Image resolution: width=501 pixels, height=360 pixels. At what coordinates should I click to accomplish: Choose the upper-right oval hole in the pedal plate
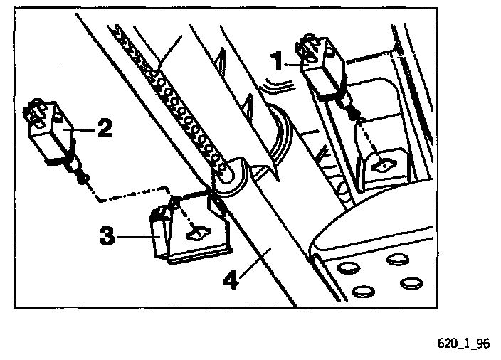[x=396, y=259]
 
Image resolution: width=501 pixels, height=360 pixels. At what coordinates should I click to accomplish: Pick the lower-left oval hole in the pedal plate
[x=363, y=291]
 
